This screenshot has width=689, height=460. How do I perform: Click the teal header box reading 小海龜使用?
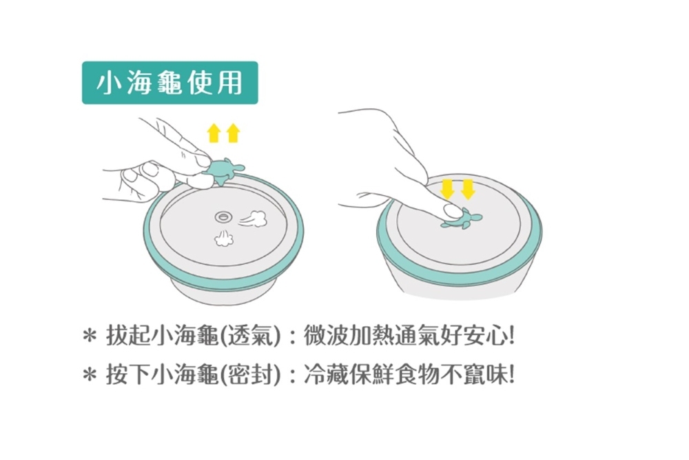coord(169,83)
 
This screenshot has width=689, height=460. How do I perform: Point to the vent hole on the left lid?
coord(222,217)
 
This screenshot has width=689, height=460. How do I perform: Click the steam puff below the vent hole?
coord(223,239)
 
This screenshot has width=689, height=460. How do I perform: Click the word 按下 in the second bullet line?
coord(129,376)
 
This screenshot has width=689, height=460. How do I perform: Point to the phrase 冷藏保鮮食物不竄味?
coord(403,376)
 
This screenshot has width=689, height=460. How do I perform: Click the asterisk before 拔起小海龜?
coord(88,339)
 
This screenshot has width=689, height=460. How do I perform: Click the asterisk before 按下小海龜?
coord(88,377)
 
